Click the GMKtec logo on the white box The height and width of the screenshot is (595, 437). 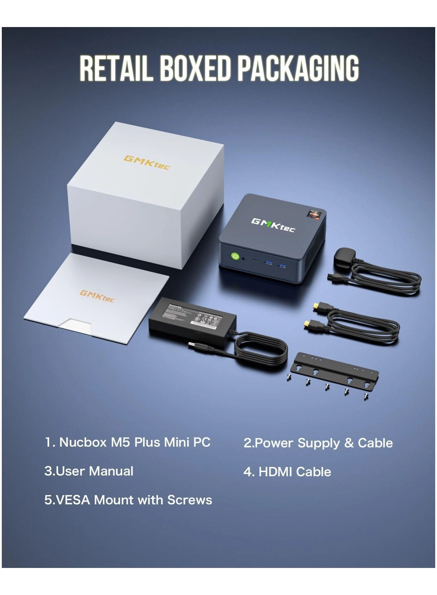tap(146, 163)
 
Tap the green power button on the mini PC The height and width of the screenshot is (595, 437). tap(235, 256)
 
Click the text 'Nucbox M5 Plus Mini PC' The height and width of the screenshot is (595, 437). tap(134, 442)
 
